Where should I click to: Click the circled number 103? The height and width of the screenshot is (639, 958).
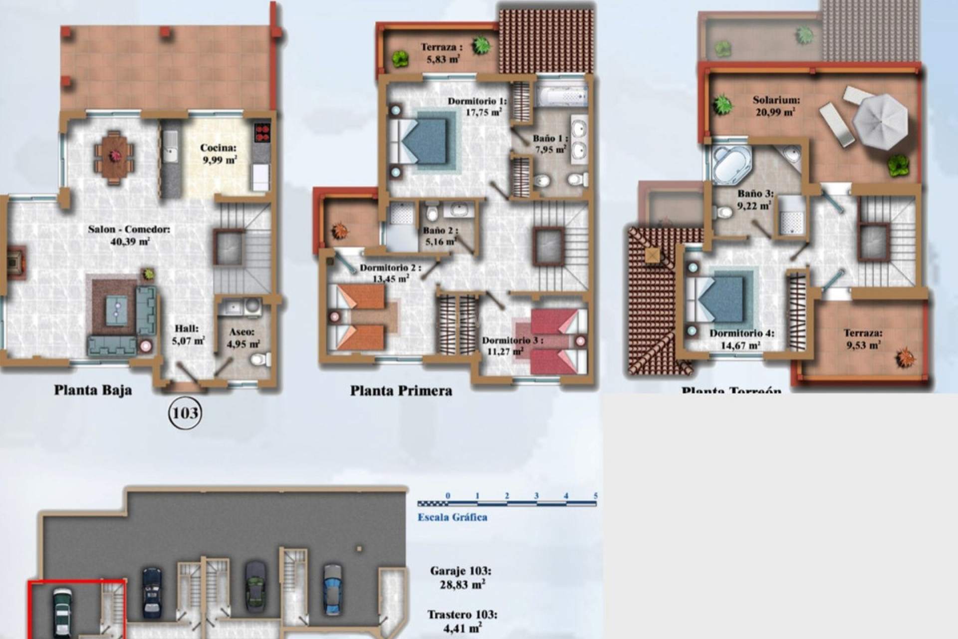[186, 413]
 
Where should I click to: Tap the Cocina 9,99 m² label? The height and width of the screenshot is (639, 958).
[218, 154]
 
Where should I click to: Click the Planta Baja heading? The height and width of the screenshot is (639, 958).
[93, 390]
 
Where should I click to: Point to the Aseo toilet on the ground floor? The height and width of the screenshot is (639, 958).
[260, 359]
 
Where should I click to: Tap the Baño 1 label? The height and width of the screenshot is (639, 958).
[548, 143]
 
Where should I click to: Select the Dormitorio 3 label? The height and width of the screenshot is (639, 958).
[512, 346]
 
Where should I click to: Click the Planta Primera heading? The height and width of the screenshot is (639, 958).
[401, 390]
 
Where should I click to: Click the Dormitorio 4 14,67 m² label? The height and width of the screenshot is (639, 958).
[741, 339]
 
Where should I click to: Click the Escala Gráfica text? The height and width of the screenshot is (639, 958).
[452, 517]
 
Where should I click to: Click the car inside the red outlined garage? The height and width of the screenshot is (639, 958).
[63, 612]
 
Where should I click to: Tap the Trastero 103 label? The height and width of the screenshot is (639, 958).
[462, 621]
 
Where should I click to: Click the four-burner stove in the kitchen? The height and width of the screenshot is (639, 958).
[262, 133]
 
